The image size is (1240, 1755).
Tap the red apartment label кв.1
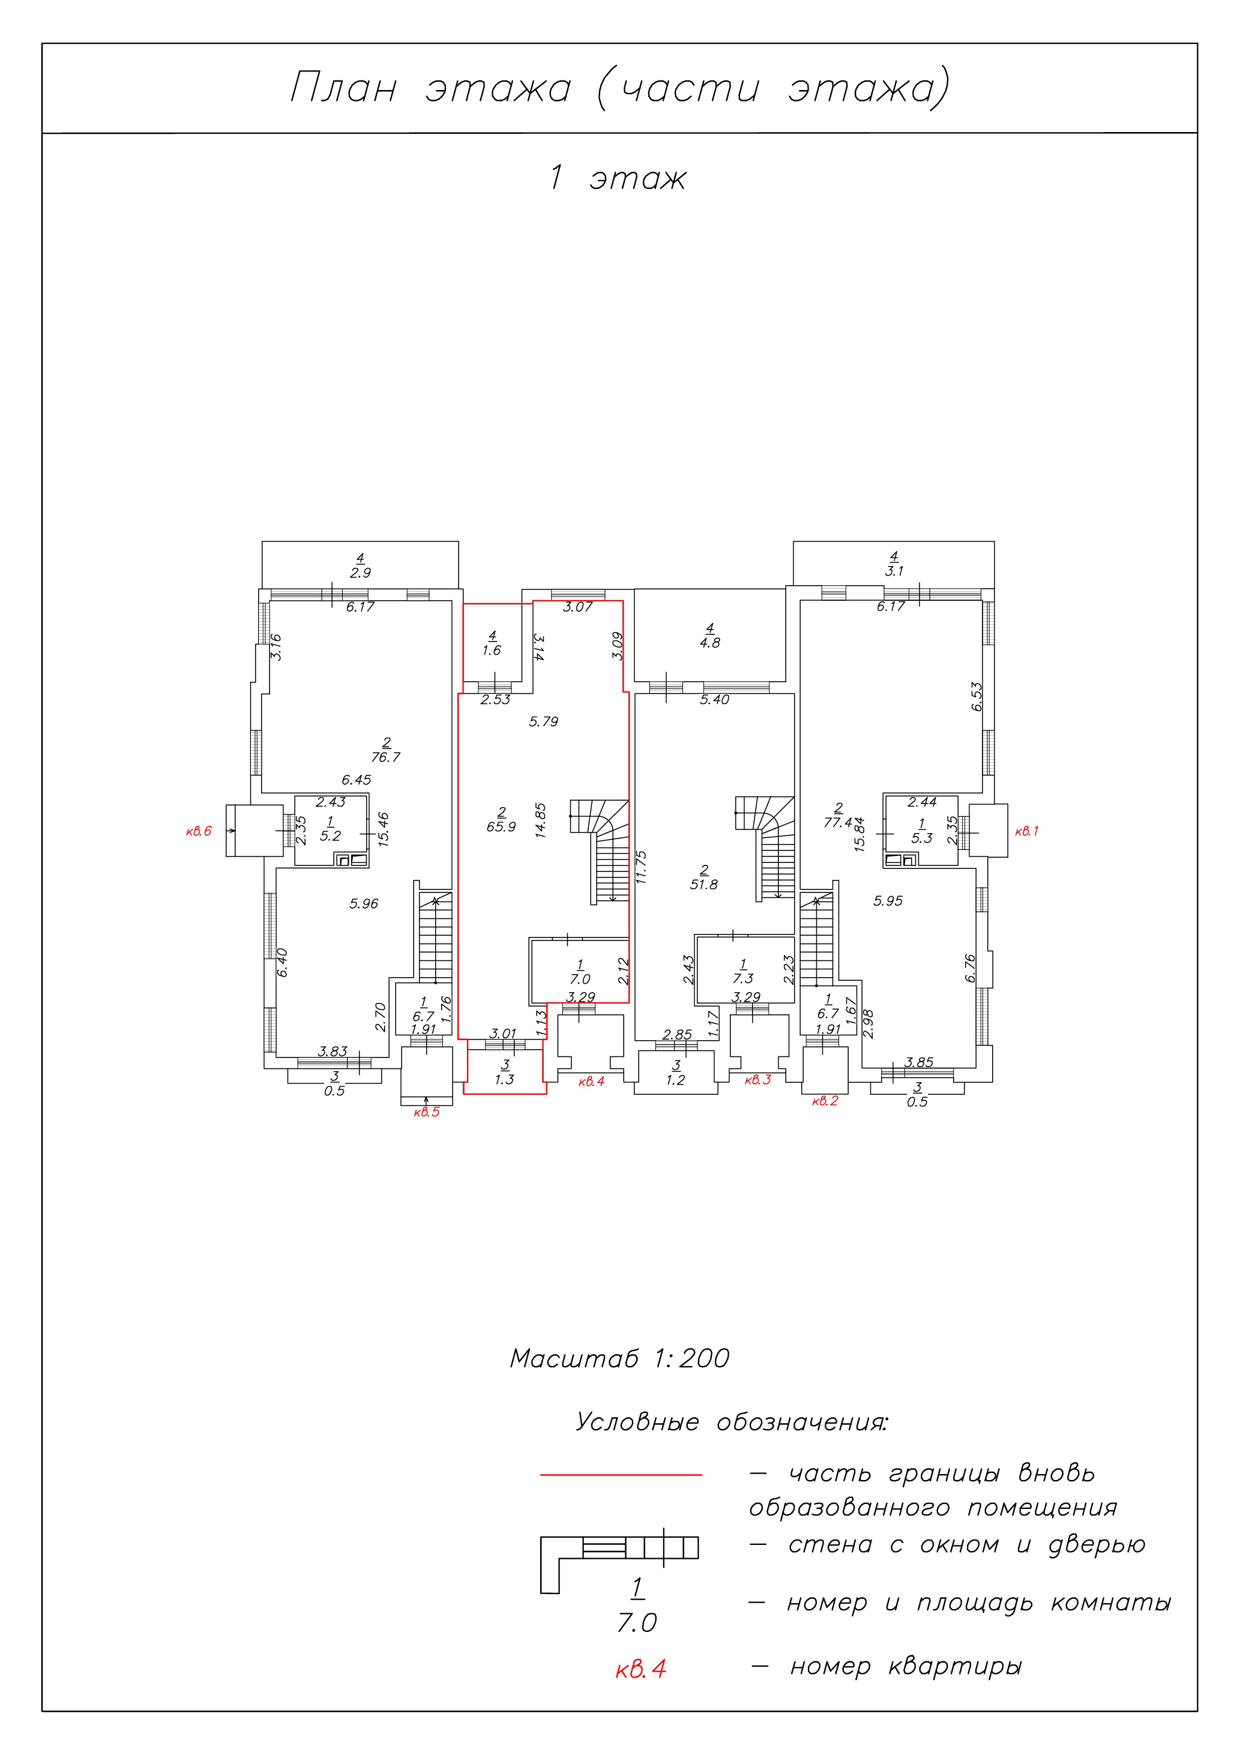pos(1027,831)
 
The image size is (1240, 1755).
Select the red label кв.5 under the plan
pos(427,1112)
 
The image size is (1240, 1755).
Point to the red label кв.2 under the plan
pos(825,1101)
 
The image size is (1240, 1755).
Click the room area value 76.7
pos(385,757)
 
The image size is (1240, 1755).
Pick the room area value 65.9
pos(502,826)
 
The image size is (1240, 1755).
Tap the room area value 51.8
pos(704,884)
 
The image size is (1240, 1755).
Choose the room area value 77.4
pos(838,822)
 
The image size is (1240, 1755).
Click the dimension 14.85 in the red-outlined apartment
pos(541,820)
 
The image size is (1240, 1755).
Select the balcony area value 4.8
pos(710,643)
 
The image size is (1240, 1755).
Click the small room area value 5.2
pos(330,835)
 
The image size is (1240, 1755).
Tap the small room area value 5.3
pos(922,838)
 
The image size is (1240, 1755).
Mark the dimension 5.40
pos(715,699)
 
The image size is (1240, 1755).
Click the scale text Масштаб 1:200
pos(620,1358)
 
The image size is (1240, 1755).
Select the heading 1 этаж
pos(618,178)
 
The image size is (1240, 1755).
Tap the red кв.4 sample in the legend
pos(640,1669)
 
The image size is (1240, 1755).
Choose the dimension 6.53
pos(977,696)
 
